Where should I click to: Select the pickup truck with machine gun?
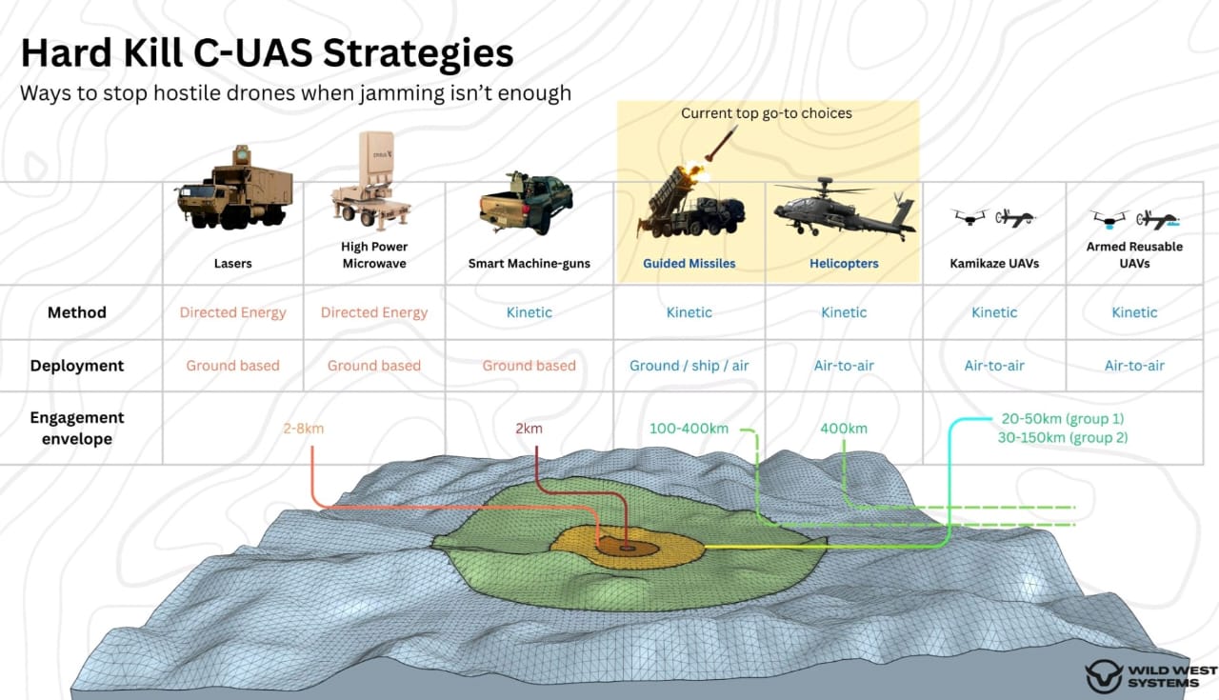[526, 203]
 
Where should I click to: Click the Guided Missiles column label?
[689, 264]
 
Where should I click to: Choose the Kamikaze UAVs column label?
[994, 264]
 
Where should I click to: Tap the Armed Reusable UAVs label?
[1134, 254]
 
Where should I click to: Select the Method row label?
[77, 312]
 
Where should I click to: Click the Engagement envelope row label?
[77, 429]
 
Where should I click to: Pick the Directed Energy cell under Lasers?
[232, 312]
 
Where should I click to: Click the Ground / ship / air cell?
[689, 366]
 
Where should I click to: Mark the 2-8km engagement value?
[303, 429]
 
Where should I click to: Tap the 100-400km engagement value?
[689, 429]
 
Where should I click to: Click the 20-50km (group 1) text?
[1063, 419]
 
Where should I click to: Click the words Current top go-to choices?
[767, 113]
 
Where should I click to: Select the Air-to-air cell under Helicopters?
[844, 366]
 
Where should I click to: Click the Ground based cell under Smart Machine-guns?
[529, 366]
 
